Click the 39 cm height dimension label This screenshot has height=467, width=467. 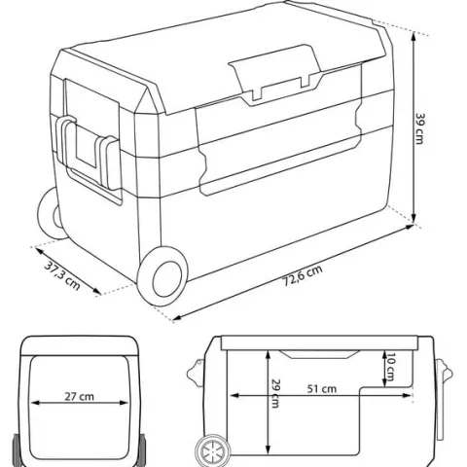click(x=419, y=128)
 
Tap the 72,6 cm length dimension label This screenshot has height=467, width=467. click(x=304, y=275)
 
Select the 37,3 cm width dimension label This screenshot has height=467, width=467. click(x=62, y=275)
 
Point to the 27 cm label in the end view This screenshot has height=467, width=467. click(x=79, y=396)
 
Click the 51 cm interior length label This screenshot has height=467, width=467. click(x=322, y=388)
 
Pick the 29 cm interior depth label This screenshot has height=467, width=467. click(x=275, y=393)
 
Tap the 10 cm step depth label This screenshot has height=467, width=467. click(x=389, y=367)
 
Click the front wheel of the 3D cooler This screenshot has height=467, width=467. click(x=162, y=276)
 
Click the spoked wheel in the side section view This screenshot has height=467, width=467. click(x=213, y=451)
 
